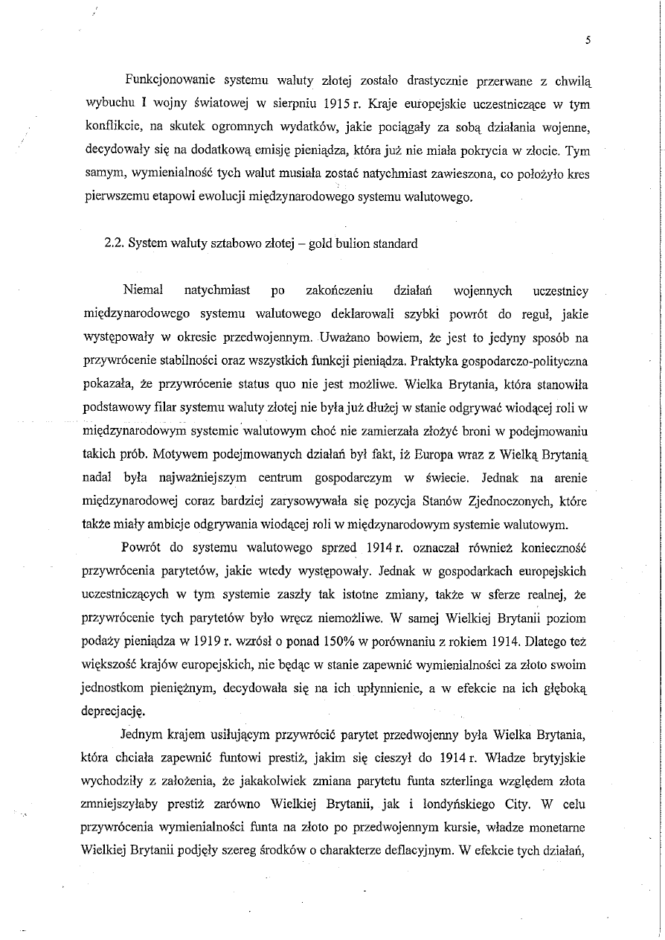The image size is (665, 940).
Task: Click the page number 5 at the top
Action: click(587, 42)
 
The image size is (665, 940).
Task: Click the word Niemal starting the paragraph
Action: click(142, 290)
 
